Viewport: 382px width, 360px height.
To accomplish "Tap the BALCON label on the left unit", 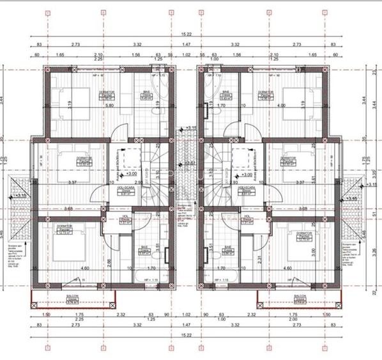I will pyautogui.click(x=72, y=295).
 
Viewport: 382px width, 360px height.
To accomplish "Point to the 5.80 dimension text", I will pyautogui.click(x=110, y=106).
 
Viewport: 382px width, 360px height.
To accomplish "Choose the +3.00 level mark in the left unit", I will pyautogui.click(x=130, y=174).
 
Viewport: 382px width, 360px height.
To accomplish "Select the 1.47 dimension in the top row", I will pyautogui.click(x=187, y=45).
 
